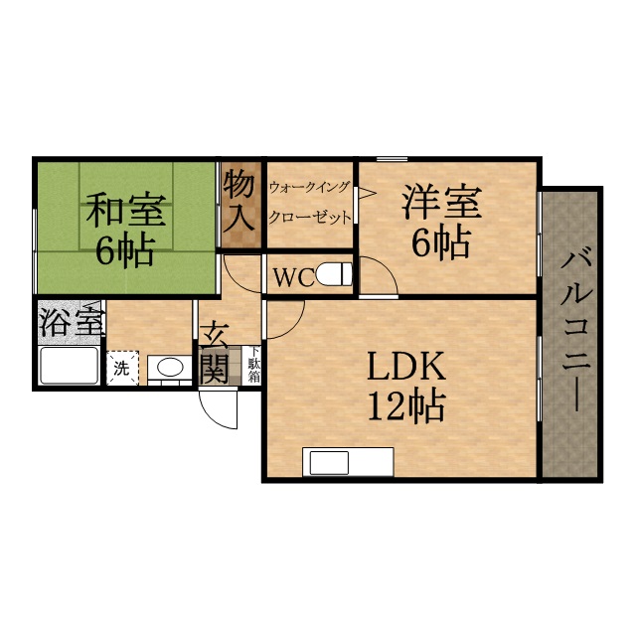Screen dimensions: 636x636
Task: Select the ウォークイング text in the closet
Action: pos(309,186)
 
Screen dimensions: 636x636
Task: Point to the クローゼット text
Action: pos(310,218)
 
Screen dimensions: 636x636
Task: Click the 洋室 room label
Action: pos(441,203)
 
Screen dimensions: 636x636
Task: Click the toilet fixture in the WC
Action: pos(338,272)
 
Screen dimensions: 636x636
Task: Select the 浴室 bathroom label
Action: pos(71,322)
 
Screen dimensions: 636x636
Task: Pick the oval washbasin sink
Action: pos(170,368)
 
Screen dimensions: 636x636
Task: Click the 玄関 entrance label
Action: pos(216,353)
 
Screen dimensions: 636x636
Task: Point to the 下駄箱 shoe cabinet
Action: pos(252,365)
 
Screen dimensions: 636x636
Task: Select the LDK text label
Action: pos(406,368)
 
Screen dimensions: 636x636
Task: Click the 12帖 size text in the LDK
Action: pos(406,406)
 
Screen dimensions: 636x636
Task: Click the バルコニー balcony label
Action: pos(573,328)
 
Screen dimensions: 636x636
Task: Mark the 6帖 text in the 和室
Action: pos(124,249)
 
